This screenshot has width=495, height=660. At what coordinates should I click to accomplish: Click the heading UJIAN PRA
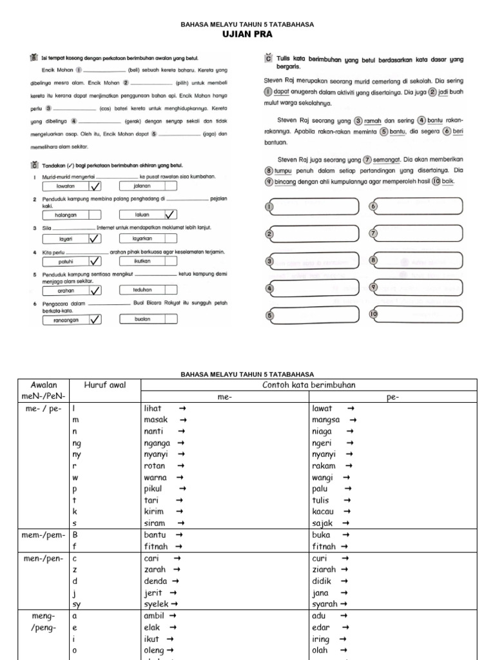coord(247,34)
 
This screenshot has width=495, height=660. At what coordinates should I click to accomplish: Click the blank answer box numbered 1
coord(312,206)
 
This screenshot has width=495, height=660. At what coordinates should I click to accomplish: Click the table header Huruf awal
coord(105,385)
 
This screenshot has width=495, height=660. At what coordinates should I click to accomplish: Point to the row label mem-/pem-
coord(41,536)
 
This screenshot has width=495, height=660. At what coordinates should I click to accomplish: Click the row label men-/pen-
coord(41,559)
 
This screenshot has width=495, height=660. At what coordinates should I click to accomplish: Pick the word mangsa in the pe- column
coord(325,420)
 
